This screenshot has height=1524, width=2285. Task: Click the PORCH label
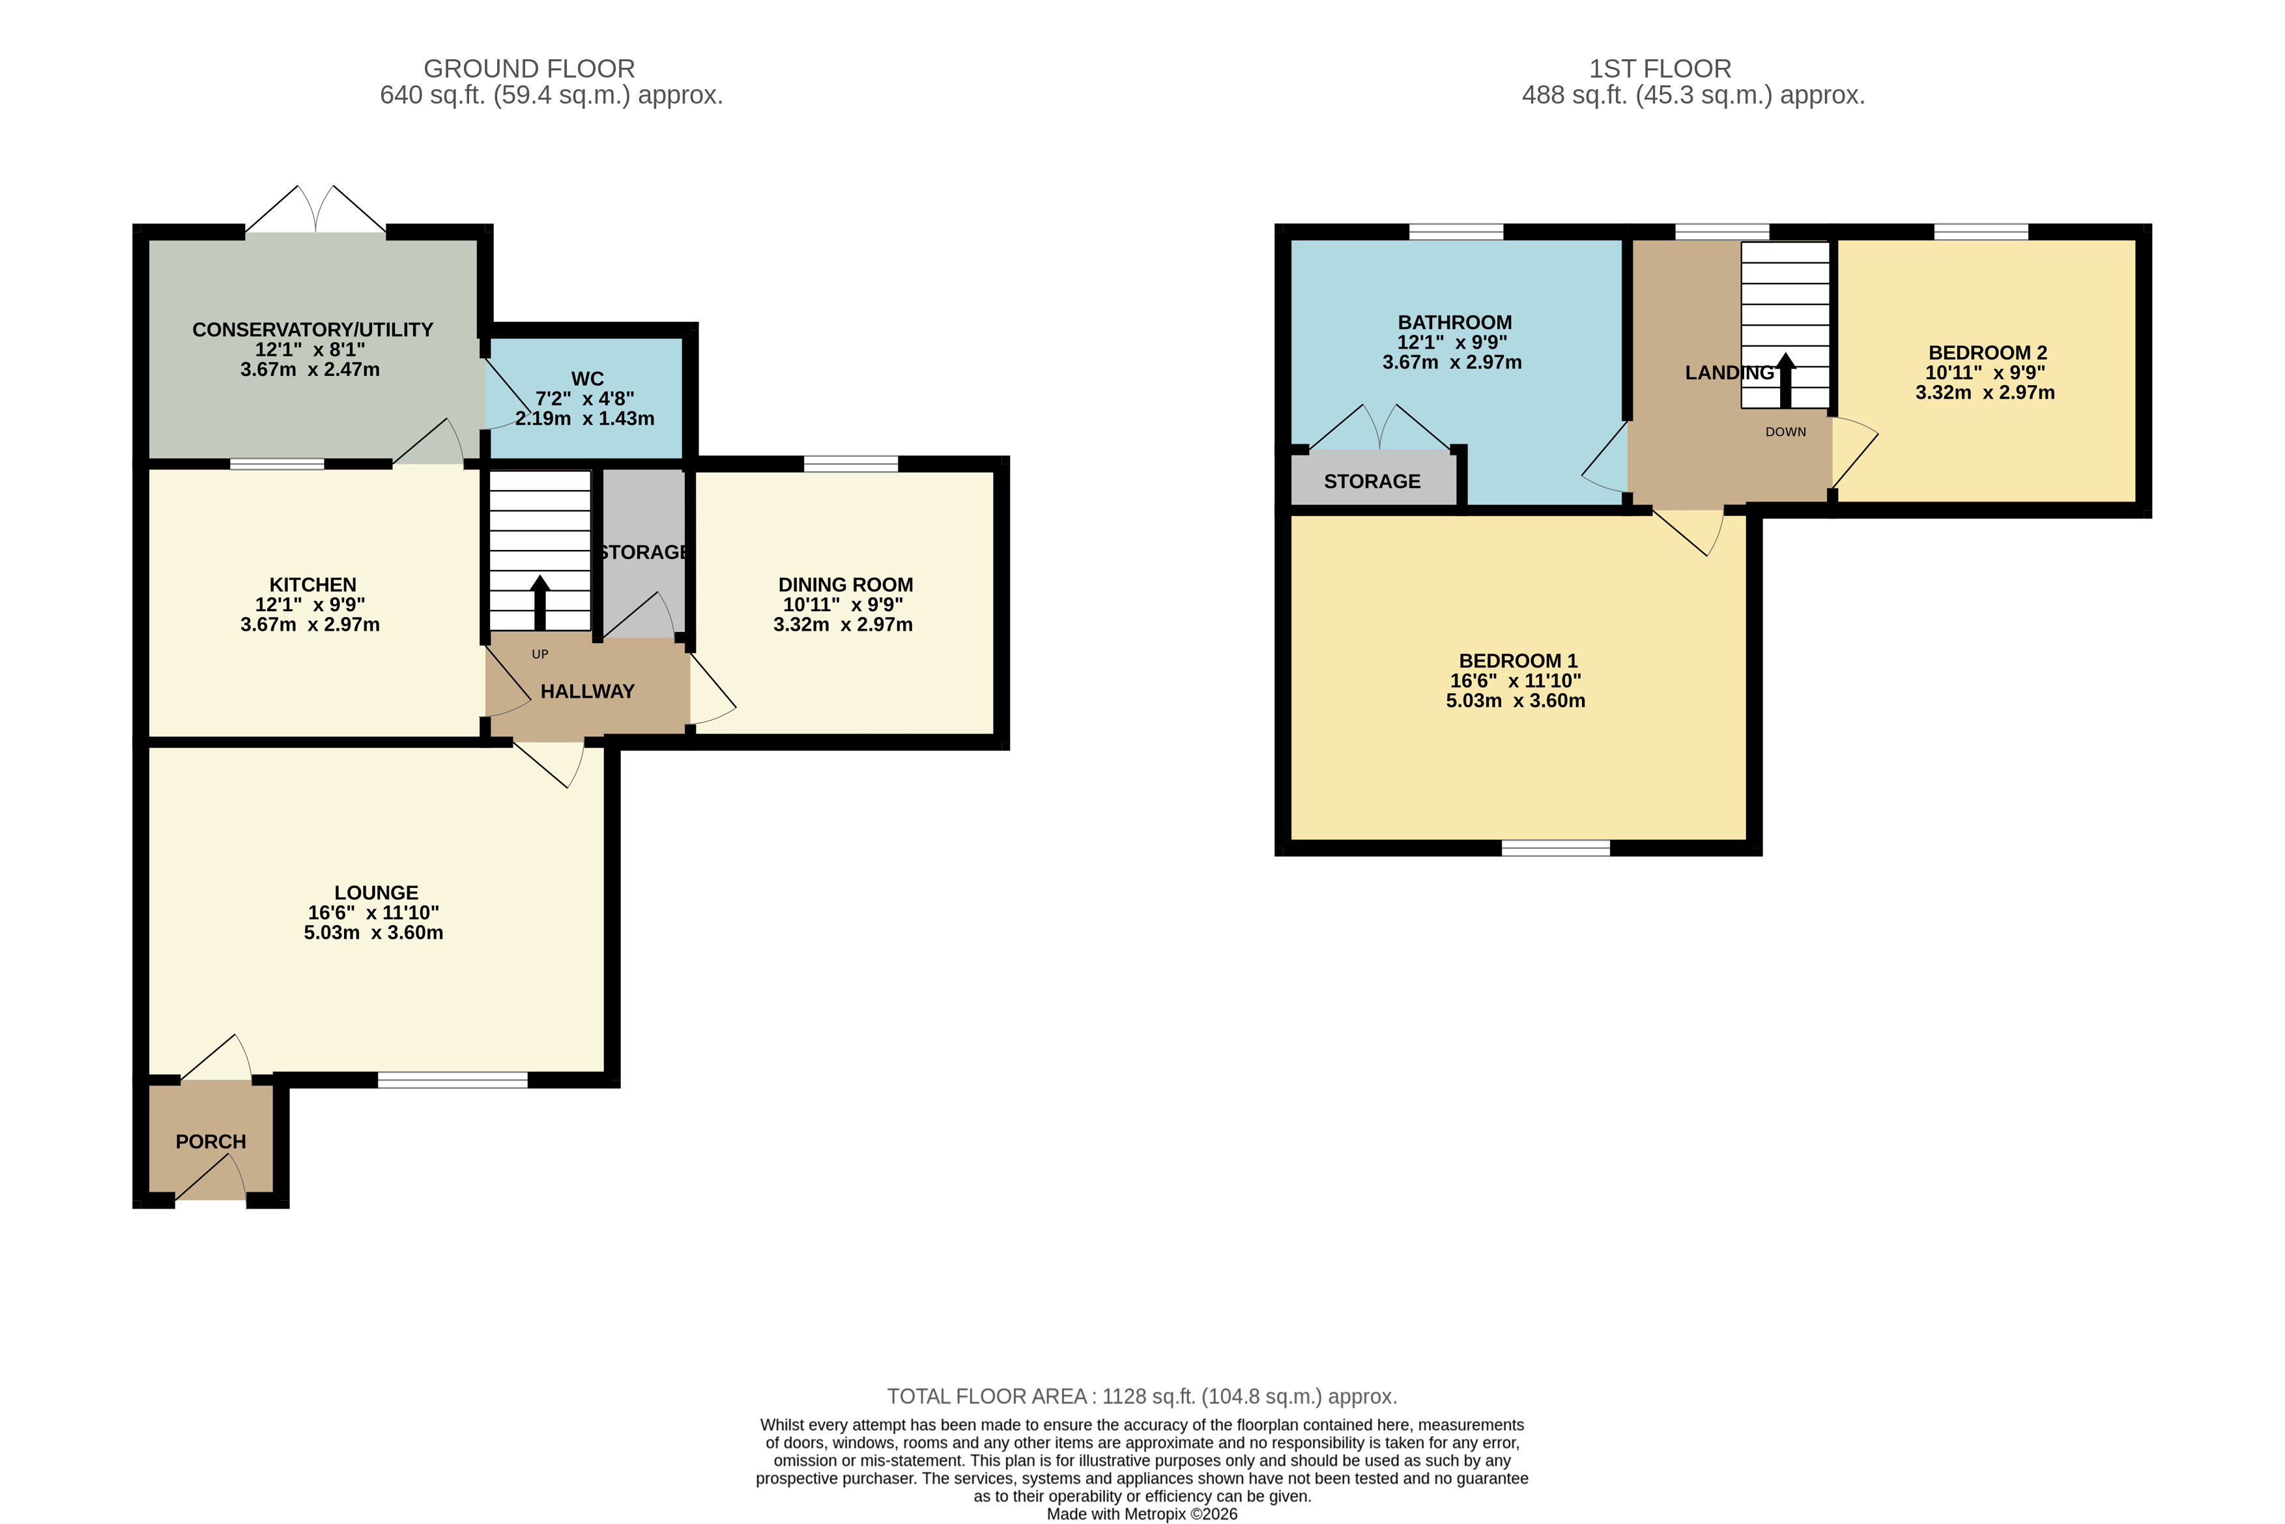[x=211, y=1141]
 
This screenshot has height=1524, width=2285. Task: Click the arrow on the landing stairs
[x=1785, y=381]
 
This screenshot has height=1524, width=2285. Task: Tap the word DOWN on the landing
[x=1785, y=431]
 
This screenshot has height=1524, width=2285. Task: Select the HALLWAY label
[x=587, y=691]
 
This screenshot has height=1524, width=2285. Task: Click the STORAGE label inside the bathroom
[x=1372, y=481]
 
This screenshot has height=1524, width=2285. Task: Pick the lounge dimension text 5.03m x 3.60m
[x=373, y=932]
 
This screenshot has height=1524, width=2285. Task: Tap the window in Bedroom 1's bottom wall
[x=1555, y=848]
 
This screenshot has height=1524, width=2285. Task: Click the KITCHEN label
[x=312, y=584]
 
